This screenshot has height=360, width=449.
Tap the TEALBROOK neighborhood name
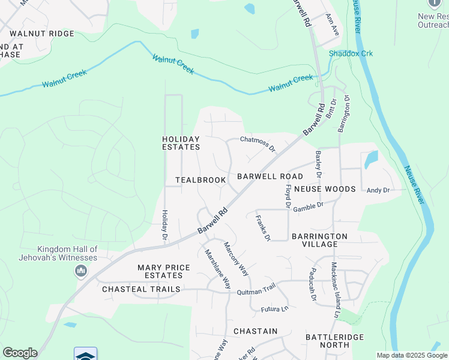pos(200,180)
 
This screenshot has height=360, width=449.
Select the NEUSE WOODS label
pos(325,189)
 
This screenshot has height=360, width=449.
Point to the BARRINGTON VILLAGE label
pos(319,241)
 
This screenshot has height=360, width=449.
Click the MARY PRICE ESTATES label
pos(164,271)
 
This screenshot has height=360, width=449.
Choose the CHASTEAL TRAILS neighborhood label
pos(141,289)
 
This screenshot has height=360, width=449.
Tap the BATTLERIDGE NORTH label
pos(335,341)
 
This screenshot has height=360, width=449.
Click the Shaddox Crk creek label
pos(351,53)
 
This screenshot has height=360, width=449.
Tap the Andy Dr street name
pos(378,190)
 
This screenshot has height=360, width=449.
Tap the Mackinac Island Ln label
pos(336,293)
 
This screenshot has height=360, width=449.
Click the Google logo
pos(20,353)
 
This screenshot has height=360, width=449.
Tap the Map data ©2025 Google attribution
pos(412,355)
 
